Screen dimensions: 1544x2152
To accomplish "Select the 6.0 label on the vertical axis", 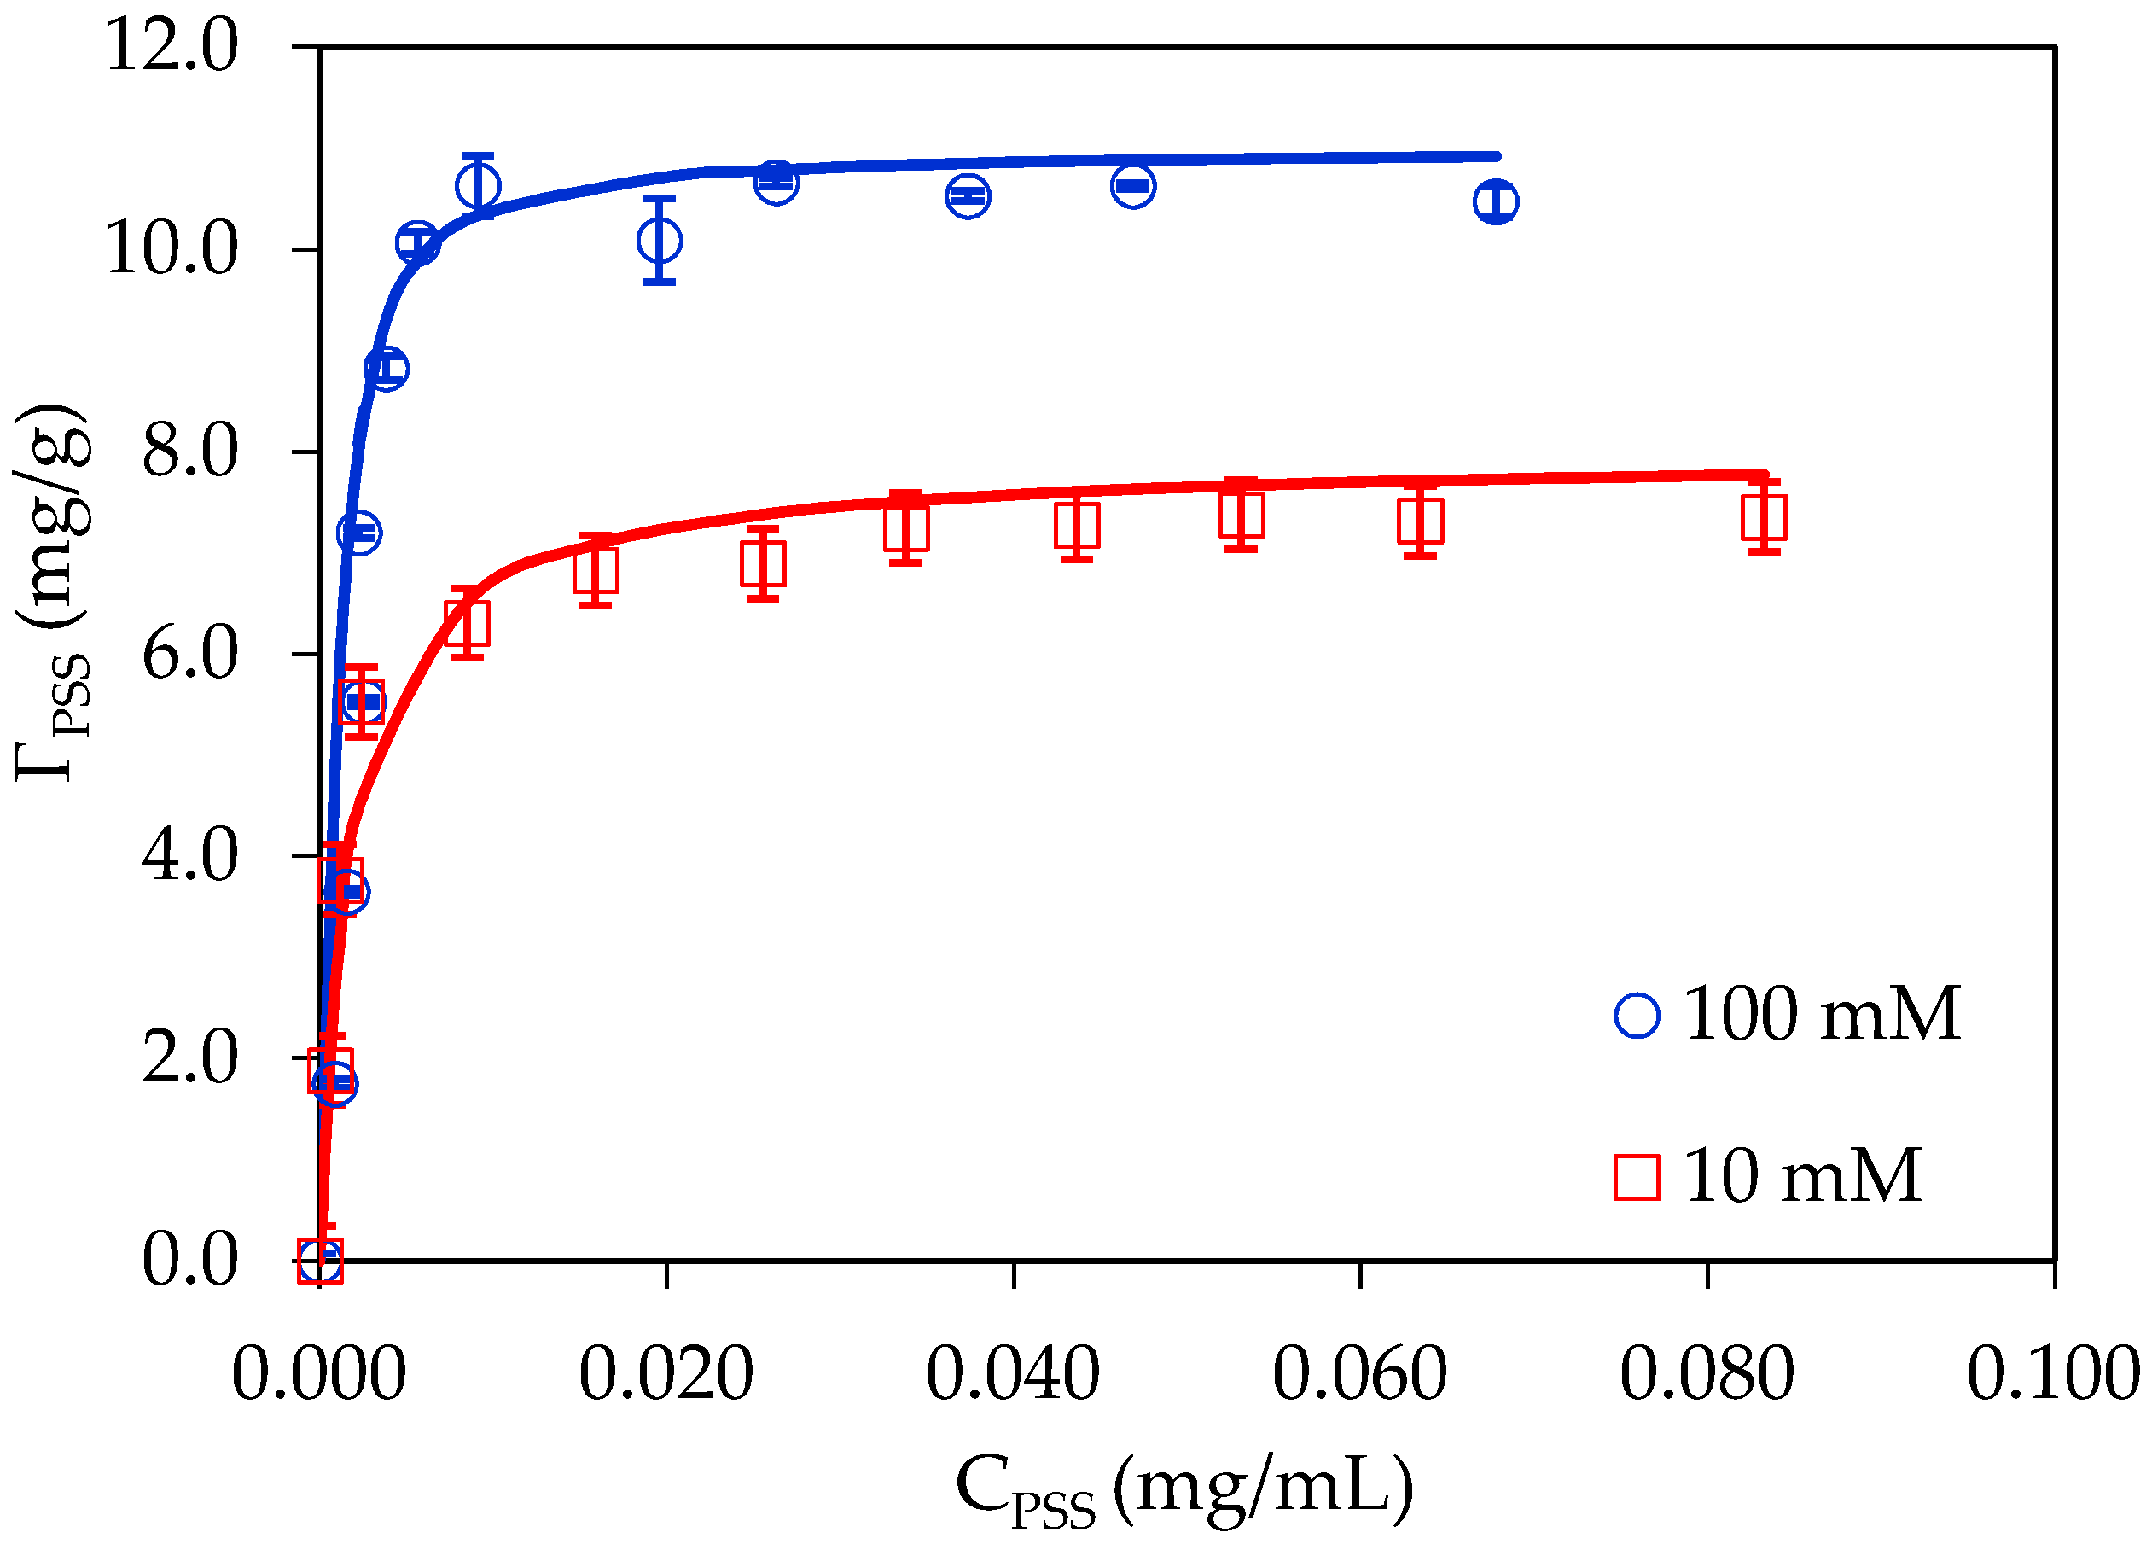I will tap(189, 655).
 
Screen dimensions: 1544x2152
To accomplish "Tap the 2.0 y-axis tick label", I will tap(189, 1058).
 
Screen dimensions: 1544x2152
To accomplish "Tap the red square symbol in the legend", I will tap(1637, 1178).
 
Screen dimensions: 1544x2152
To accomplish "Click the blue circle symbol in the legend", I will tap(1637, 1016).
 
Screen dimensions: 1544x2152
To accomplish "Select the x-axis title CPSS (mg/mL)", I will tap(1184, 1488).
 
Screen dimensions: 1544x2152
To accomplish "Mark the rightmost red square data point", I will tap(1764, 518).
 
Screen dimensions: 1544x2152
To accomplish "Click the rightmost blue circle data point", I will tap(1497, 201).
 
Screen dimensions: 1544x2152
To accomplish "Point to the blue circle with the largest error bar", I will tap(660, 240).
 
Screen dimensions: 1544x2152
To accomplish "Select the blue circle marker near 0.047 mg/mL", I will tap(1133, 185).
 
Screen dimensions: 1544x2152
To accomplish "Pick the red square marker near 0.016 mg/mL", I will tap(596, 571).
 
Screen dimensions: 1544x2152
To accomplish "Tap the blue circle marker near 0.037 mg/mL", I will tap(968, 196).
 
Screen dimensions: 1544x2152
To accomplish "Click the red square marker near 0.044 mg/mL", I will tap(1077, 526).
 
